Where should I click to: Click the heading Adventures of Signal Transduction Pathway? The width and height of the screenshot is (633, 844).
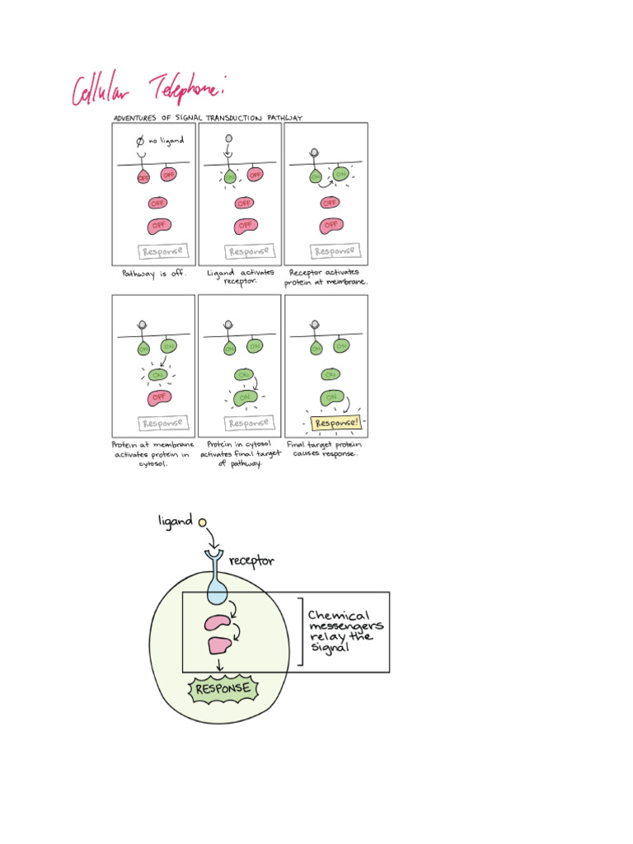click(208, 118)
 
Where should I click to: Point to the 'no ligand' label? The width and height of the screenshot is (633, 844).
click(166, 141)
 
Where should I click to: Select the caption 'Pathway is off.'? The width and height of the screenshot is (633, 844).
click(154, 273)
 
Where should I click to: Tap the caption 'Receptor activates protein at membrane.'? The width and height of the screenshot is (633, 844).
click(326, 276)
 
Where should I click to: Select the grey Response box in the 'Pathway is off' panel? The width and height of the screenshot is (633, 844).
click(162, 251)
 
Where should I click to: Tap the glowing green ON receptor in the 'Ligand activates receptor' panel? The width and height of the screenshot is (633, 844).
click(229, 176)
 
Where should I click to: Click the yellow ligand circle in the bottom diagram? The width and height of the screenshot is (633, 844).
click(202, 522)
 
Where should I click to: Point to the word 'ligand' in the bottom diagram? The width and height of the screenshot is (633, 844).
click(175, 521)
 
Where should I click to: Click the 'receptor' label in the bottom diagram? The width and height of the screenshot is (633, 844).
click(251, 561)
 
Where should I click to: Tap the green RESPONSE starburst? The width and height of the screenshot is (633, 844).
click(223, 689)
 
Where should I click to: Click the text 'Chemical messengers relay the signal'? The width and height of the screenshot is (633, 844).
click(344, 631)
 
